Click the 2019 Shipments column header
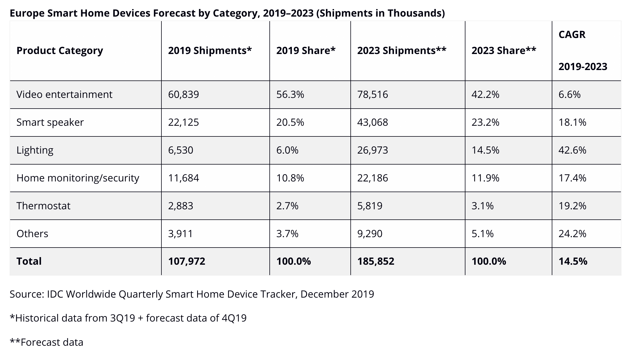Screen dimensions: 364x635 210,51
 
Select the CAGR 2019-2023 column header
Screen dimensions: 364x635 583,51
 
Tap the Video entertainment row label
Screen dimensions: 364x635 64,94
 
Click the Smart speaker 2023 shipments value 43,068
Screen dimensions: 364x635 373,122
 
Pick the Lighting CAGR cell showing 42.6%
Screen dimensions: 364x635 572,150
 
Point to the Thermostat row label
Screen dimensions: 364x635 43,206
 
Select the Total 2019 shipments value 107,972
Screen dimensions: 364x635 187,261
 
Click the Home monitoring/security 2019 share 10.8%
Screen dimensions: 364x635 290,178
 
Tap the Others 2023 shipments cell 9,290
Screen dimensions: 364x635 370,233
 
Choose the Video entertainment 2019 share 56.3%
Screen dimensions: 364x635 290,94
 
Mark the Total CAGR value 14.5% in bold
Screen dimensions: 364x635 573,261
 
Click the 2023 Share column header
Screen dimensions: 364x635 504,51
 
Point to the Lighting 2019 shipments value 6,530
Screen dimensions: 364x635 181,150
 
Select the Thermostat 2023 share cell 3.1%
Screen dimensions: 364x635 483,206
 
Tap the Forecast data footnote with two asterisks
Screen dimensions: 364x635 47,342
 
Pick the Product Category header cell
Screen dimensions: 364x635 60,51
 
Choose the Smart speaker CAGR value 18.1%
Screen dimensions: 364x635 572,122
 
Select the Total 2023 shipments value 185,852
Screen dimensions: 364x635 376,261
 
